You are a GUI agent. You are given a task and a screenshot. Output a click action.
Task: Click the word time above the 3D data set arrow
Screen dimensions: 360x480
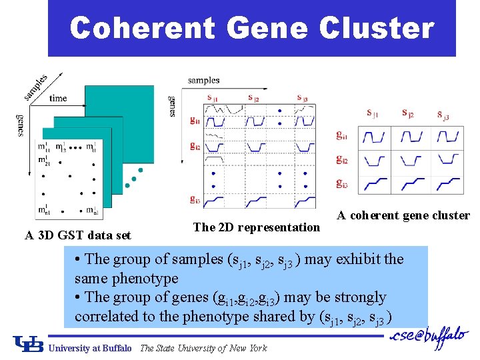click(59, 98)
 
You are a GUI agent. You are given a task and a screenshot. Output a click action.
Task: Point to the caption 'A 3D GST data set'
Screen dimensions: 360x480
click(78, 235)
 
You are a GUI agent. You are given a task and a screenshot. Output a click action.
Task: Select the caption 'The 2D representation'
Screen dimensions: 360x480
click(257, 227)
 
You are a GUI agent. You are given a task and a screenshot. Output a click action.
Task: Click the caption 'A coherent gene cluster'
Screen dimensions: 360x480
click(403, 215)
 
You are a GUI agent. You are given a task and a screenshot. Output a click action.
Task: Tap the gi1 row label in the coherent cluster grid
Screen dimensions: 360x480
click(341, 137)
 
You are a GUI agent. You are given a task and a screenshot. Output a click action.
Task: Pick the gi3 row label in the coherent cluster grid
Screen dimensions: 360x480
click(341, 183)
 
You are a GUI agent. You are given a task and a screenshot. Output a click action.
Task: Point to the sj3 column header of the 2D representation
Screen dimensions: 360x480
click(302, 98)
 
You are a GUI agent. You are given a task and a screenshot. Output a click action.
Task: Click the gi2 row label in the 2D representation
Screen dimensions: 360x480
click(195, 146)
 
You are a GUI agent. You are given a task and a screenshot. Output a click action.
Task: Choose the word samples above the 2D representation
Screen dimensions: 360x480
click(203, 80)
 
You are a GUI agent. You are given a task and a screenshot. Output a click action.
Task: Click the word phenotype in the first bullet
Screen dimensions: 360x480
click(145, 278)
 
